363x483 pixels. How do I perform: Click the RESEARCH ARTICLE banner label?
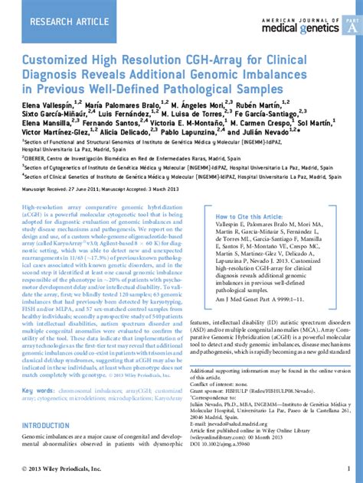[68, 22]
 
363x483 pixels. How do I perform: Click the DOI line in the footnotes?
[229, 442]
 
